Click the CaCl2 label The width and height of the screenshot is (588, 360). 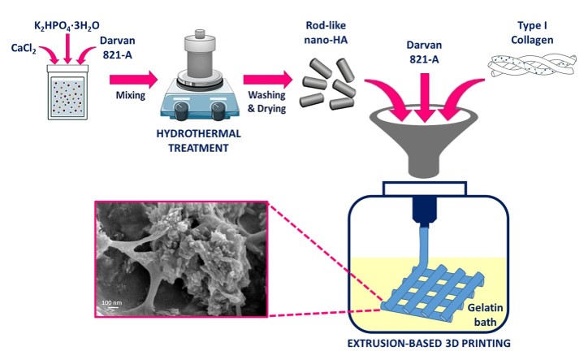(24, 49)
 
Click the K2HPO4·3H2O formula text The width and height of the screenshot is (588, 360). (67, 26)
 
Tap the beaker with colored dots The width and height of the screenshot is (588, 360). (67, 93)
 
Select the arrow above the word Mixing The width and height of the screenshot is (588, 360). (134, 80)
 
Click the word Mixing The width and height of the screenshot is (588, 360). (131, 95)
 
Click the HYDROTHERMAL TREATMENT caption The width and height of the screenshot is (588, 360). (198, 141)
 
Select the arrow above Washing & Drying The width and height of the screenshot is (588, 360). (268, 80)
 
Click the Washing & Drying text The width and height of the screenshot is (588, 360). (266, 102)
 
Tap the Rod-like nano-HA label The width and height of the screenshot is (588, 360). (326, 33)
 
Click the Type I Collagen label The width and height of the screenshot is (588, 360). (532, 33)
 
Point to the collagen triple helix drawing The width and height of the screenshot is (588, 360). (532, 65)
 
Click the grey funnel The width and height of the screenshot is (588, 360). (424, 141)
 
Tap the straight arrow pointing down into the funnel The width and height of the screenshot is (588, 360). (425, 98)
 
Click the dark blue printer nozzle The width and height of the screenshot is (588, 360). (425, 210)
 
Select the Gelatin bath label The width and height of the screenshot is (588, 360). (485, 315)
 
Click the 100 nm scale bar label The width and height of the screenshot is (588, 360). (112, 302)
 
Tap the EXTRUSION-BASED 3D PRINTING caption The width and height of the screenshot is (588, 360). (429, 343)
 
